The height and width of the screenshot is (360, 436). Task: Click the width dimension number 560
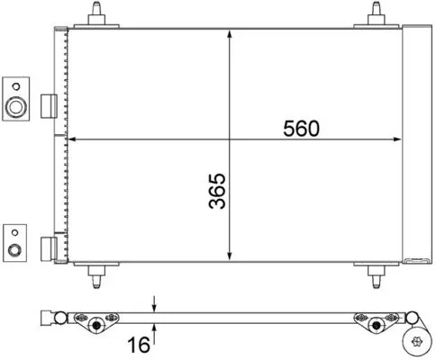click(302, 129)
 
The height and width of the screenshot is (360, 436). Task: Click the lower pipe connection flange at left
click(16, 241)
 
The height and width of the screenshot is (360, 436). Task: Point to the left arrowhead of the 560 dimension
click(74, 139)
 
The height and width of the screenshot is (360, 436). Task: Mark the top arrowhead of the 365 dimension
click(232, 32)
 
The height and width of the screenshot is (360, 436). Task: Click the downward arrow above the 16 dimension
click(156, 305)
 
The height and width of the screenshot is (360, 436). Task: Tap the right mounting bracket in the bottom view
click(377, 320)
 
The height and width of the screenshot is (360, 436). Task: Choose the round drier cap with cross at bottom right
click(417, 342)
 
